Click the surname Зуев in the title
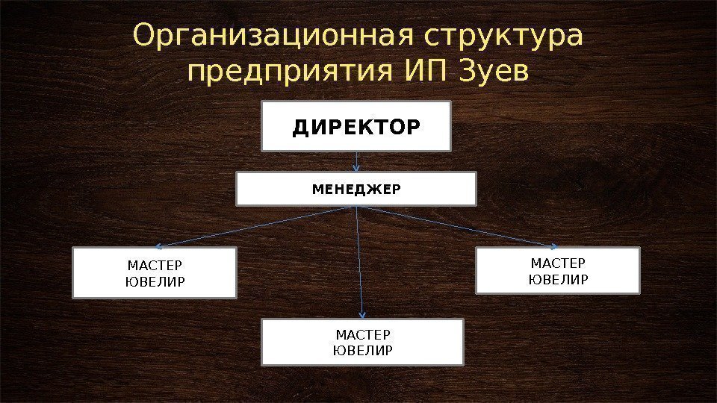pos(492,72)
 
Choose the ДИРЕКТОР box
pos(356,127)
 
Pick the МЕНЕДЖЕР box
pos(356,189)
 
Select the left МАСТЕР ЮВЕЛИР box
pos(155,273)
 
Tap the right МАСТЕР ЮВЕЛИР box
pos(558,271)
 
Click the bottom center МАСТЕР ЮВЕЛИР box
pos(362,342)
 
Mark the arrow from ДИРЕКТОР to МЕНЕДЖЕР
pos(357,161)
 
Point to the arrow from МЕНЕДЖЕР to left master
pos(254,226)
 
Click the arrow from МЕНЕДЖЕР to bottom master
pos(360,261)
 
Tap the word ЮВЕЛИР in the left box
pos(155,281)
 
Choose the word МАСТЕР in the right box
pos(558,263)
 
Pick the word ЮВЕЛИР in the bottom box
pos(362,349)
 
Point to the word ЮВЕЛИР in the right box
pos(558,278)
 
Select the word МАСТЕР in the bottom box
pos(363,335)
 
